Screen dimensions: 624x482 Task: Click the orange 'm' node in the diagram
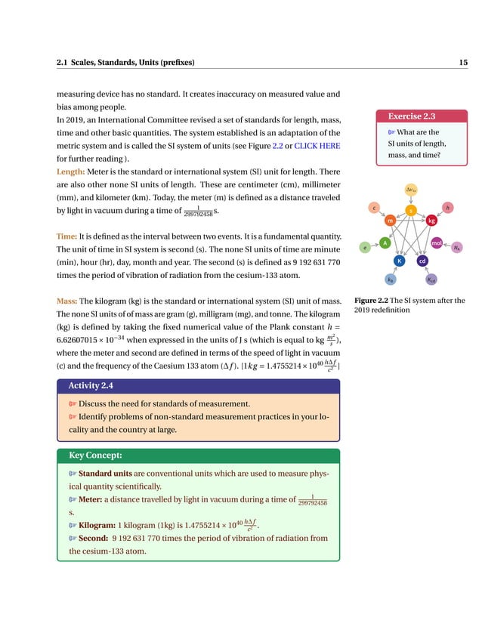390,221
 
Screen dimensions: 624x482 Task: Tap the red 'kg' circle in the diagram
431,221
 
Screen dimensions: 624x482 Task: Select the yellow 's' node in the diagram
411,209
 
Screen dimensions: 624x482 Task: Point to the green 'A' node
384,242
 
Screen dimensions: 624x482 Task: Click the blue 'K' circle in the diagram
398,261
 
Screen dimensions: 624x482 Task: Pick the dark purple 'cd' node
423,261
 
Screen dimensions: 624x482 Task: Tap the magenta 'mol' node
436,242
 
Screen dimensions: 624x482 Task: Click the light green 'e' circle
365,247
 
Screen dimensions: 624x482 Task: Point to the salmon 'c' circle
373,206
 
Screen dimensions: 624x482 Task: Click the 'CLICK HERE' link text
317,145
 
